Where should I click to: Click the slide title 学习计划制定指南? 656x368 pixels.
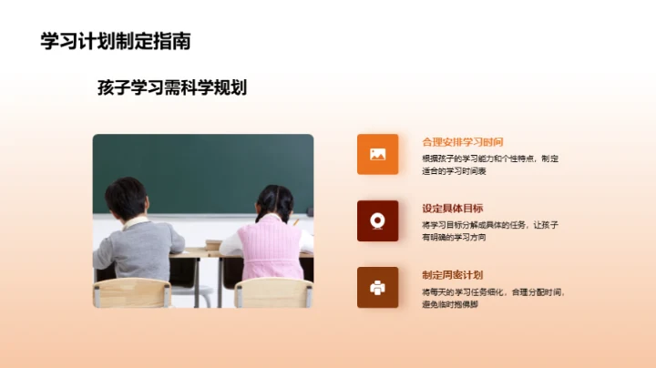point(116,41)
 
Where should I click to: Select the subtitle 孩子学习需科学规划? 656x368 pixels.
point(172,87)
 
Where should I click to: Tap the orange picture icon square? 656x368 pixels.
point(377,154)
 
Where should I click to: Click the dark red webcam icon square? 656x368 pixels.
point(377,220)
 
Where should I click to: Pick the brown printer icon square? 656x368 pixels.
point(377,287)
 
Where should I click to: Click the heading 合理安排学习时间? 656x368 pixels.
point(463,142)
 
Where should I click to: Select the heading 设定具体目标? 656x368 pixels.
point(452,209)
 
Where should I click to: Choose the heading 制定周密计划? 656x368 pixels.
point(452,275)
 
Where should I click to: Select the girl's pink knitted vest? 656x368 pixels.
point(272,247)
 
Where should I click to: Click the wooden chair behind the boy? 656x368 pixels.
point(132,292)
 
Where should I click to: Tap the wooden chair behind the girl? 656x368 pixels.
point(273,292)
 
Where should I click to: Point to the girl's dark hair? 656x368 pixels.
point(274,201)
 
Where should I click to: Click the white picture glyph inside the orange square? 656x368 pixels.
point(377,154)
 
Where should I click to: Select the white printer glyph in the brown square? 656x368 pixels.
point(377,287)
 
